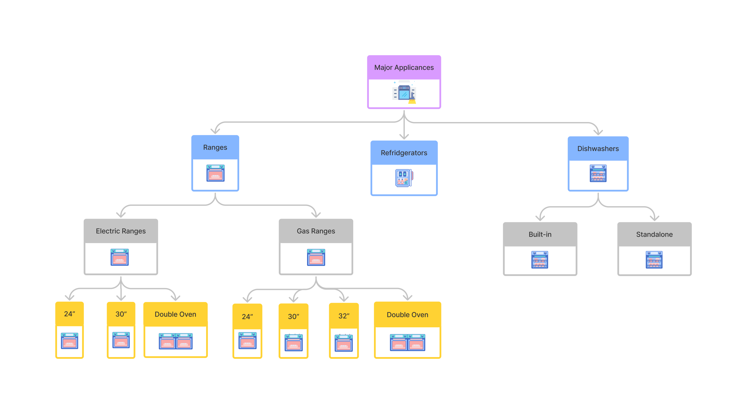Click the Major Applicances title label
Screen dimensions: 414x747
[404, 67]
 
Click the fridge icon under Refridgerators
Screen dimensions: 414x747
[404, 178]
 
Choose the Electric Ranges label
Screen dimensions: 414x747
[121, 231]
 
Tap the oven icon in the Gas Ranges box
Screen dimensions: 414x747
[316, 257]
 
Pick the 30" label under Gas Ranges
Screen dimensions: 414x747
[293, 317]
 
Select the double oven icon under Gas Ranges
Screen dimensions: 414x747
[407, 342]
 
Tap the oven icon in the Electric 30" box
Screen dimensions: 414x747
[121, 340]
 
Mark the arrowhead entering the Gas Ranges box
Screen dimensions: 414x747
[316, 215]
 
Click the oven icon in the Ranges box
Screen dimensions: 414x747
[215, 173]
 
